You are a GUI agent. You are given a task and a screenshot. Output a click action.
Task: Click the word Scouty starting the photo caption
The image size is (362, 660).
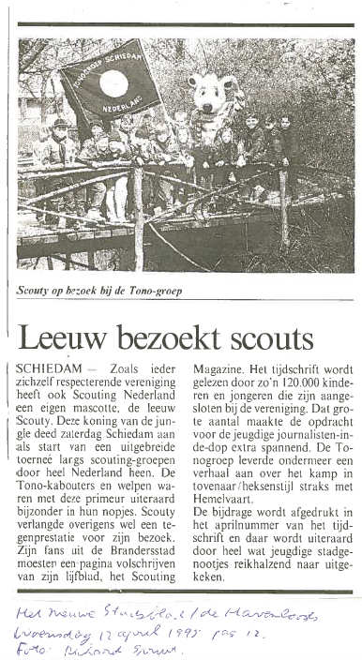[37, 292]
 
